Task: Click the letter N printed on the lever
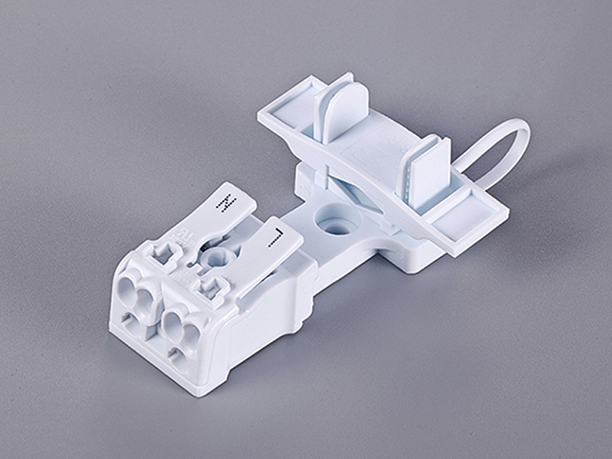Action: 226,205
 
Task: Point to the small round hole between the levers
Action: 213,256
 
